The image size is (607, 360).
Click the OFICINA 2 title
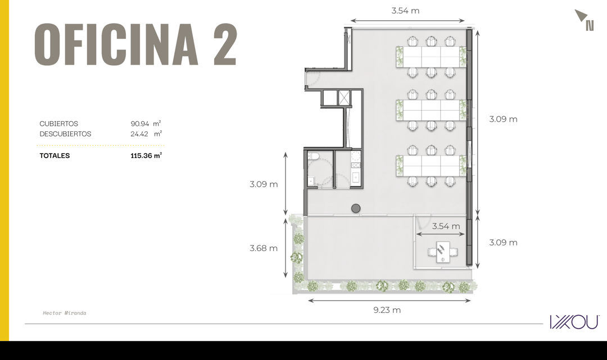pos(135,44)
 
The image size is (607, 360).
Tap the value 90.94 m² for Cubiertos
pos(146,124)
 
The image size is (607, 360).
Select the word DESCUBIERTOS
pos(65,134)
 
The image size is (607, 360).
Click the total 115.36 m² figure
pos(146,156)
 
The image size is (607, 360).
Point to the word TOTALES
pos(55,156)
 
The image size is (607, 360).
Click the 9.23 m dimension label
pos(387,309)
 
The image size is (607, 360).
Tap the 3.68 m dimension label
pos(264,248)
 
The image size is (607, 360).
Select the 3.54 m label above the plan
pos(405,11)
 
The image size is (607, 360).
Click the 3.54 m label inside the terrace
pos(446,226)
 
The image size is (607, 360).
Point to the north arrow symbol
pos(584,20)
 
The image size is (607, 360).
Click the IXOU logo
pos(574,322)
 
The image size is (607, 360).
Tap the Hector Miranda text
pos(65,313)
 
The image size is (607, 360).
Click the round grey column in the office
pos(356,208)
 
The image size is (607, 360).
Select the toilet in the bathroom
pos(313,156)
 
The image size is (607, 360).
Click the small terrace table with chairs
pos(443,252)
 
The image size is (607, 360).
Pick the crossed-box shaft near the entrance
pos(344,98)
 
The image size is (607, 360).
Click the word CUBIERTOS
pos(59,124)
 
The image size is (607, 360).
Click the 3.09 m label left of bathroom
pos(264,184)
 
